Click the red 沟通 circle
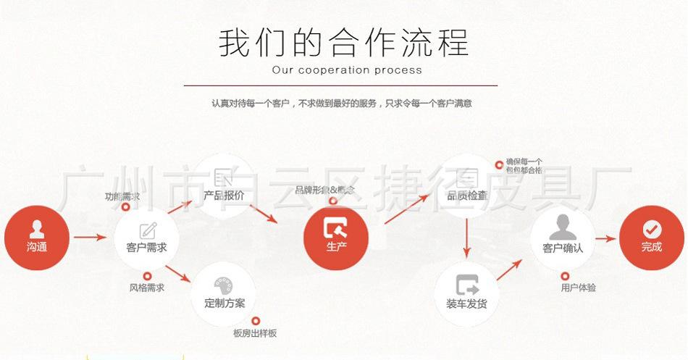[x=36, y=237]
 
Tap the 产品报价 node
[x=224, y=185]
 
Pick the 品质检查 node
[x=467, y=185]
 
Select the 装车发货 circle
[x=467, y=291]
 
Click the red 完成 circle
[x=651, y=237]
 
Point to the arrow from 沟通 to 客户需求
[x=91, y=237]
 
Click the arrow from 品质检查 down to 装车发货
[x=467, y=239]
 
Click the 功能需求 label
[x=122, y=196]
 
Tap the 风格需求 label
[x=146, y=288]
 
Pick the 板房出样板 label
[x=254, y=333]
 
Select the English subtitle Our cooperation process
[x=346, y=70]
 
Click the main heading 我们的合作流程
[x=343, y=42]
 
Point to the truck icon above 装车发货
[x=467, y=283]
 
